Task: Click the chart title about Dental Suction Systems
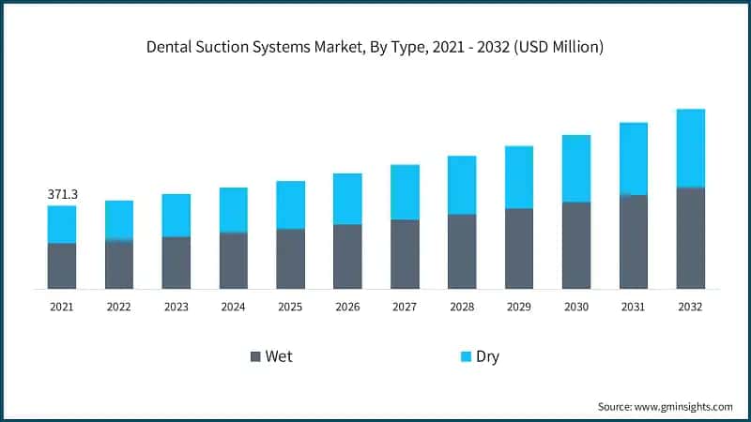tap(375, 47)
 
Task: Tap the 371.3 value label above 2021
tap(62, 194)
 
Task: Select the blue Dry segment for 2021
tap(62, 224)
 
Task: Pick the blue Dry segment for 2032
tap(690, 148)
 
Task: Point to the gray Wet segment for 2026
tap(347, 256)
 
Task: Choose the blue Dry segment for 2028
tap(462, 185)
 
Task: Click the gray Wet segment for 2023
tap(176, 263)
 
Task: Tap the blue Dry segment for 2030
tap(576, 169)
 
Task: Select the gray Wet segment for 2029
tap(519, 249)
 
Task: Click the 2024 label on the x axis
tap(233, 307)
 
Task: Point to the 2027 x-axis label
tap(405, 307)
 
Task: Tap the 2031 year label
tap(633, 307)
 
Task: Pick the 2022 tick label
tap(119, 307)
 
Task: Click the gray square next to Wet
tap(255, 356)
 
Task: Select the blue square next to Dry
tap(466, 356)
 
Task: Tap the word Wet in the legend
tap(279, 356)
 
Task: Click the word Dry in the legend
tap(488, 356)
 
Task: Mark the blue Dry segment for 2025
tap(290, 204)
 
